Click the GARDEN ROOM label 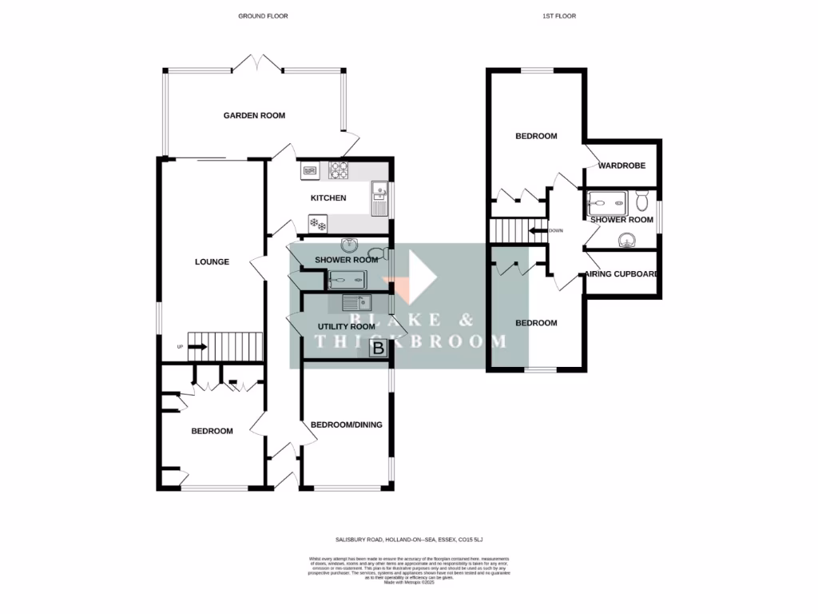coord(254,116)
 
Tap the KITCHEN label coord(328,198)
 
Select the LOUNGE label coord(212,261)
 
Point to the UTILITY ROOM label coord(346,327)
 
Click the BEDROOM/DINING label coord(346,425)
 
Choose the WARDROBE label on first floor coord(621,166)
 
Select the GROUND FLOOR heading coord(263,16)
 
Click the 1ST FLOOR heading coord(558,16)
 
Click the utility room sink coord(355,302)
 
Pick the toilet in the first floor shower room coord(644,199)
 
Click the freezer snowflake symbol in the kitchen coord(317,224)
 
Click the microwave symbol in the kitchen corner coord(310,169)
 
